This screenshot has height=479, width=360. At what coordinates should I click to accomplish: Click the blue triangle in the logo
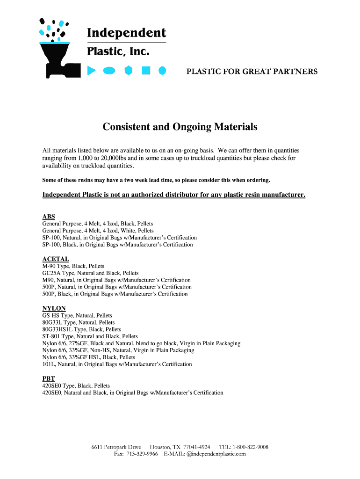pos(92,71)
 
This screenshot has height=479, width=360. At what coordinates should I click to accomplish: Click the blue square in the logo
pos(146,71)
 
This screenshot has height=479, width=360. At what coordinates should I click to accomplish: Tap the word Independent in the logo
pos(126,33)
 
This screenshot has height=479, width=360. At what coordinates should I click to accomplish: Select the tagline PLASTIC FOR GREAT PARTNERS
pos(252,72)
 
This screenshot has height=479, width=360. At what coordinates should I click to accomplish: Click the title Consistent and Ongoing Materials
pos(180,127)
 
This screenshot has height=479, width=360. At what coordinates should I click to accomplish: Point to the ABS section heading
pos(49,217)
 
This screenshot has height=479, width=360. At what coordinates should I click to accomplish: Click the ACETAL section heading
pos(56,259)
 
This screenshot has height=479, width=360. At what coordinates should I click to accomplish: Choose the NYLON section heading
pos(54,308)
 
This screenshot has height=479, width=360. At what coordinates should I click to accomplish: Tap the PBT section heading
pos(49,378)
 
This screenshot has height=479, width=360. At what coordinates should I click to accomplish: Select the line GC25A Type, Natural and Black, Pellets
pos(90,273)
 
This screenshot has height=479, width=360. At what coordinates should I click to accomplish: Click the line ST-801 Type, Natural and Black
pos(90,336)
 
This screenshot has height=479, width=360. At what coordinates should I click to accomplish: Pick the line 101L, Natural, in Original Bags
pos(117,364)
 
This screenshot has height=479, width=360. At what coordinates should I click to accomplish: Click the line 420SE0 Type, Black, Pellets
pos(76,386)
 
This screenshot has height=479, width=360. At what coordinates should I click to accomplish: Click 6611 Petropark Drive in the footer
pos(116,447)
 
